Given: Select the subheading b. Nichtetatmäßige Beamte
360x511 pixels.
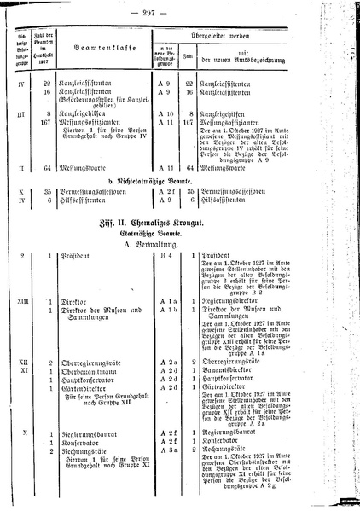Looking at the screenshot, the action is [x=173, y=204].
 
